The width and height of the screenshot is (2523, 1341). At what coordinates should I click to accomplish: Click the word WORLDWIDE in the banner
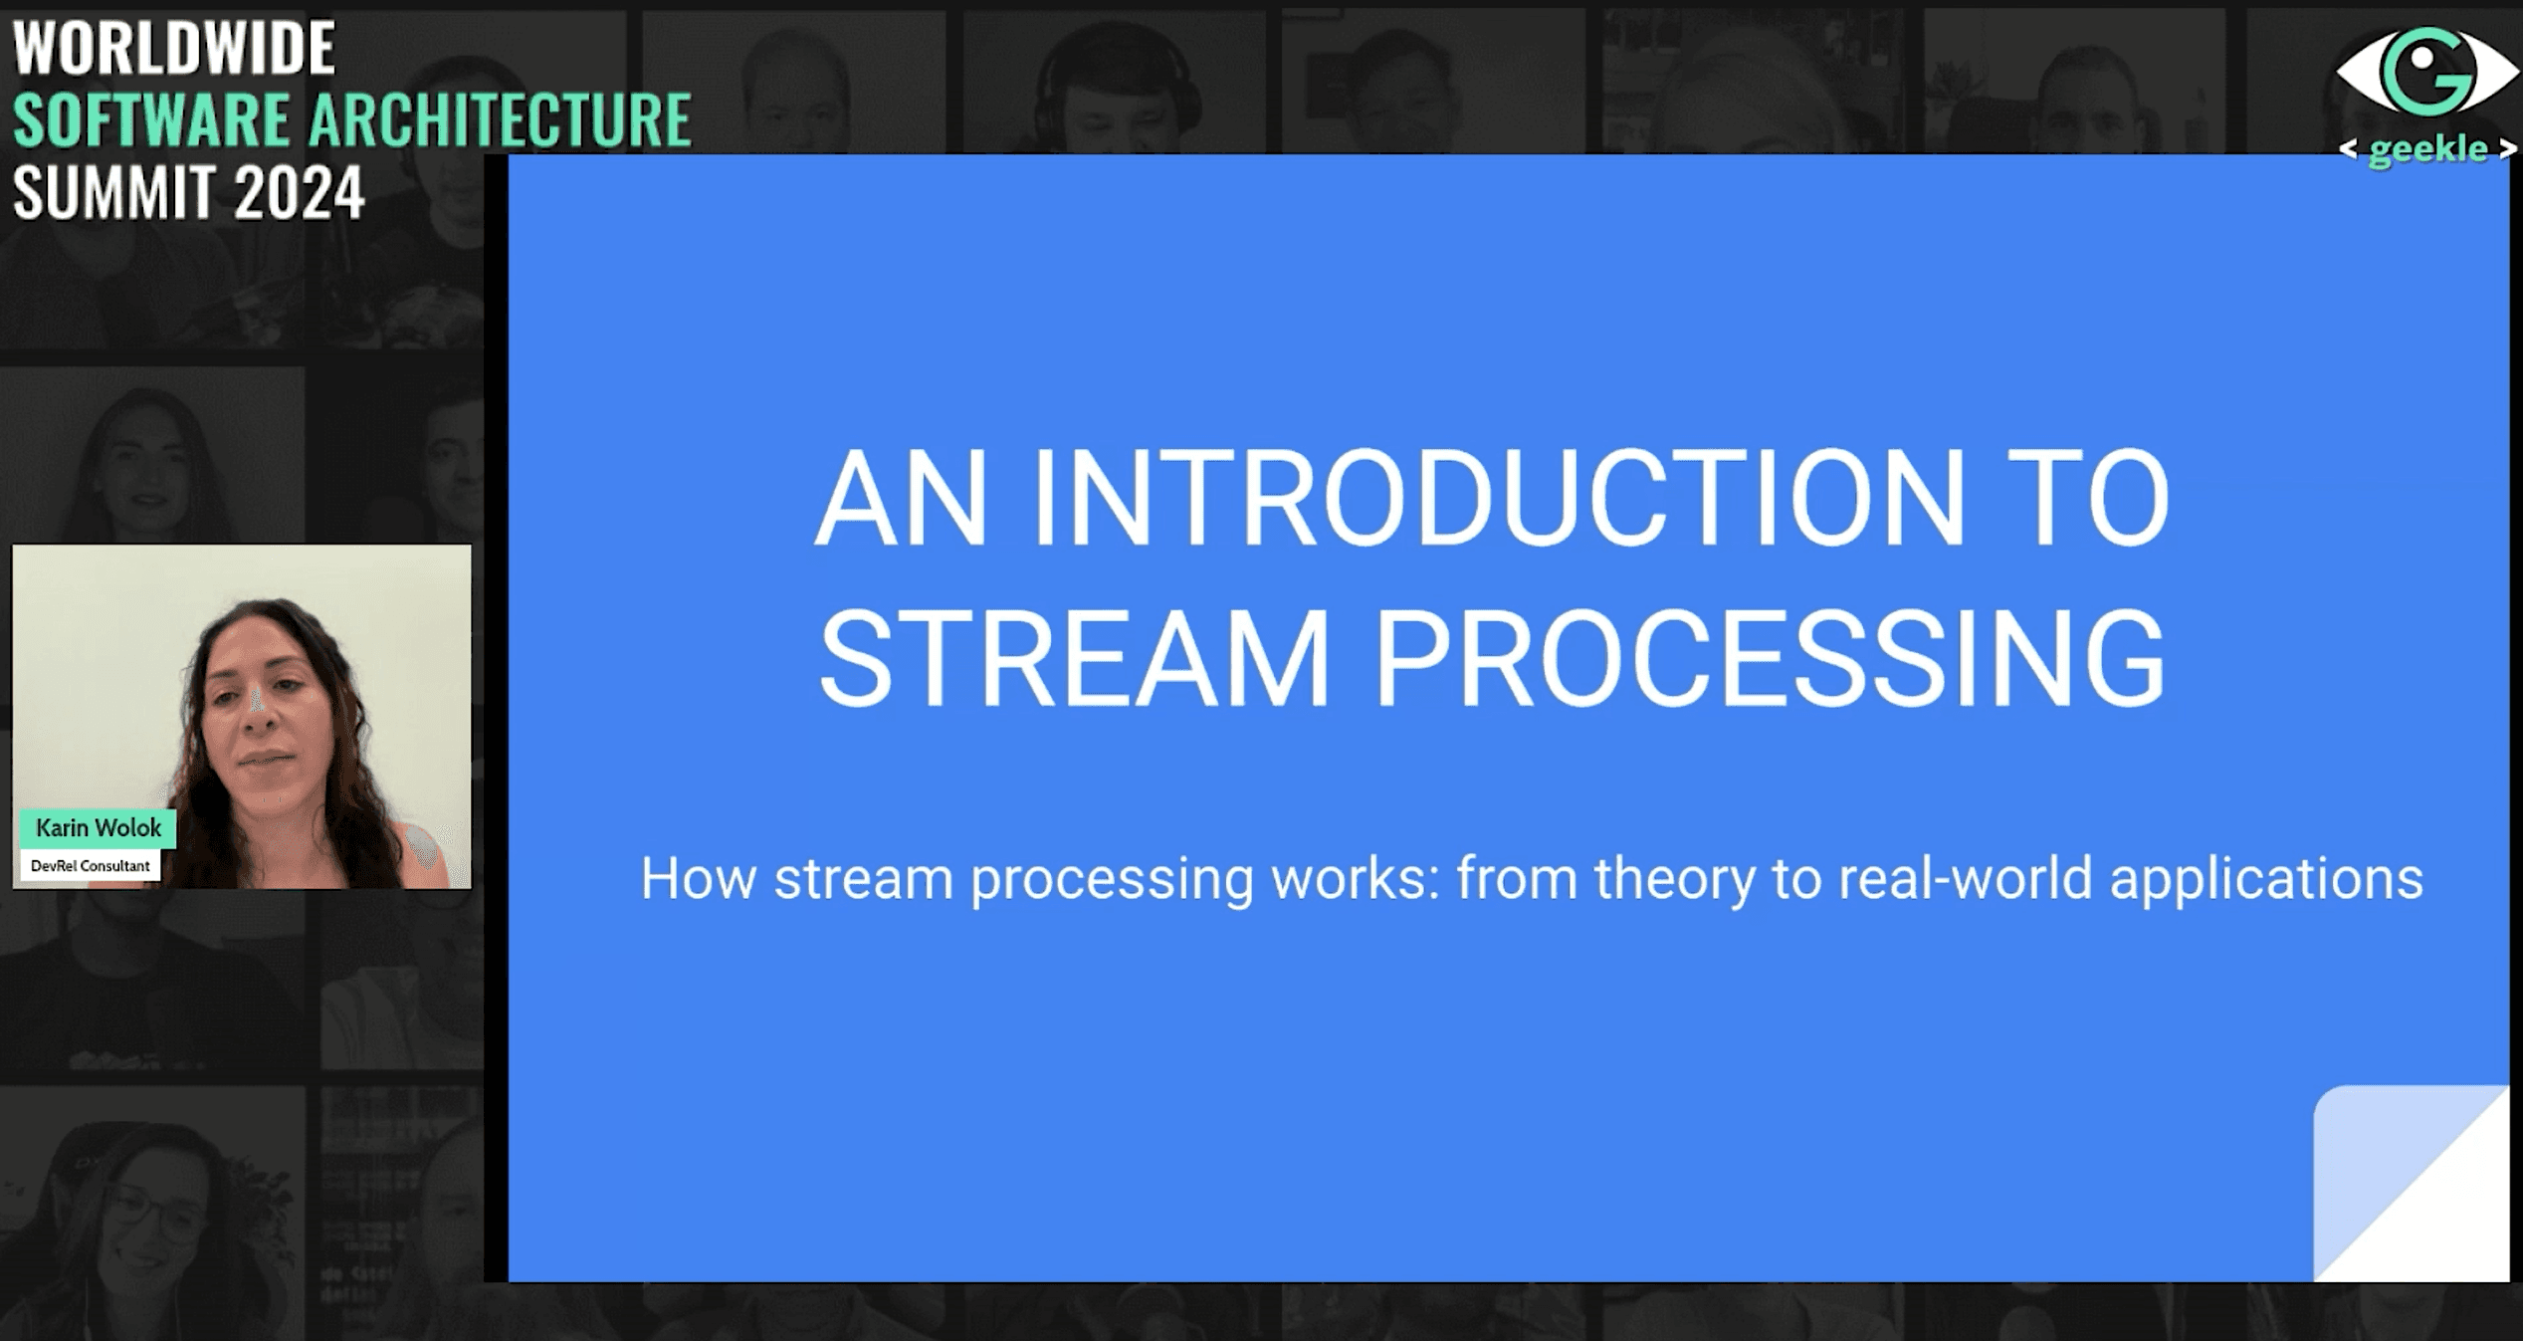tap(174, 48)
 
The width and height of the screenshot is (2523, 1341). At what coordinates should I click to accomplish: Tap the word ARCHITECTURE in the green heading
tap(500, 119)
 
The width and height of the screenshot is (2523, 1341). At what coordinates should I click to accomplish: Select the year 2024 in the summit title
tap(300, 192)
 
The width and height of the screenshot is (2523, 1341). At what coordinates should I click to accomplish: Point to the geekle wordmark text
tap(2427, 149)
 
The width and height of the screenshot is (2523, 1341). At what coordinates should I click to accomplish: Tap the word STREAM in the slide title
tap(1074, 659)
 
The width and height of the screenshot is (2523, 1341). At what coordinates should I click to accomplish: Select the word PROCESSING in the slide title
tap(1770, 659)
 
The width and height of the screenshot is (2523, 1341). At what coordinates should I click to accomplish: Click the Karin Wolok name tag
tap(99, 827)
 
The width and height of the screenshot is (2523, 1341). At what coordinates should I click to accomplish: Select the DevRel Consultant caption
tap(91, 865)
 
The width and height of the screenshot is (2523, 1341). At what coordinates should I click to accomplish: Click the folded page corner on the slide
tap(2411, 1183)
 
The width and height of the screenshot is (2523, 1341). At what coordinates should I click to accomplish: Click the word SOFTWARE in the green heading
tap(151, 119)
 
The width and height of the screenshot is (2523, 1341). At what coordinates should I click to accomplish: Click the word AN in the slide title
tap(902, 498)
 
